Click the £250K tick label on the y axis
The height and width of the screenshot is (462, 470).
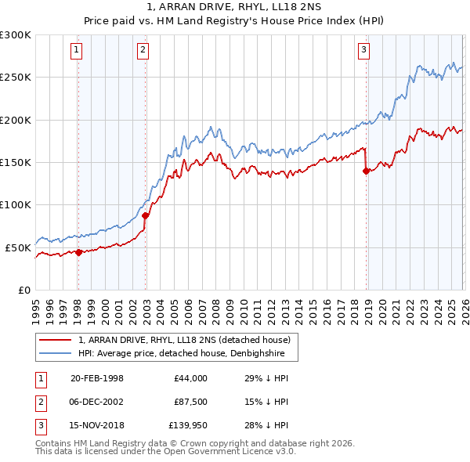[x=16, y=78]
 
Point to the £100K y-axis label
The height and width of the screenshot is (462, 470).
[x=16, y=205]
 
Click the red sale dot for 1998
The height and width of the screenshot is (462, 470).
[x=78, y=252]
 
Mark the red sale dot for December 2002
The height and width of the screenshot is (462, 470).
[x=145, y=215]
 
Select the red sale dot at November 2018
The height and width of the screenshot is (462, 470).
[x=366, y=171]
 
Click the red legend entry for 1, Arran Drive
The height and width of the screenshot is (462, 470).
[x=184, y=340]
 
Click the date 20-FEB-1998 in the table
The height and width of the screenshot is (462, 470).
[x=97, y=378]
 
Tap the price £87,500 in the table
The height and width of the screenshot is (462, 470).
[x=191, y=402]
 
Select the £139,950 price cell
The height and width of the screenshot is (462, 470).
[x=189, y=425]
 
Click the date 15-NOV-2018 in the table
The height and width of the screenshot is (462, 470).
[x=97, y=425]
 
